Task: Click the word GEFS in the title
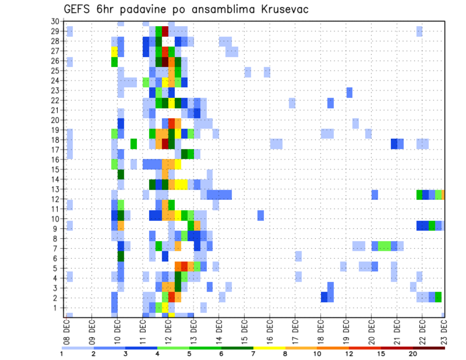coord(78,9)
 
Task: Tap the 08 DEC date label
coord(66,329)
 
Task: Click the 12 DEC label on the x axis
coord(168,329)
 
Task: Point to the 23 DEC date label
coord(444,329)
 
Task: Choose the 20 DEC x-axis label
coord(372,329)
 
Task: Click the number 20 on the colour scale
coord(413,354)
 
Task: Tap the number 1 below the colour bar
coord(62,354)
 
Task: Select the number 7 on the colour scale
coord(253,354)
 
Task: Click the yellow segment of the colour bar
coord(269,348)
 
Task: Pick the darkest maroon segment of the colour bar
coord(429,348)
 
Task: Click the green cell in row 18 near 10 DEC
coord(133,143)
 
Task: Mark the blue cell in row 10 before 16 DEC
coord(261,215)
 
